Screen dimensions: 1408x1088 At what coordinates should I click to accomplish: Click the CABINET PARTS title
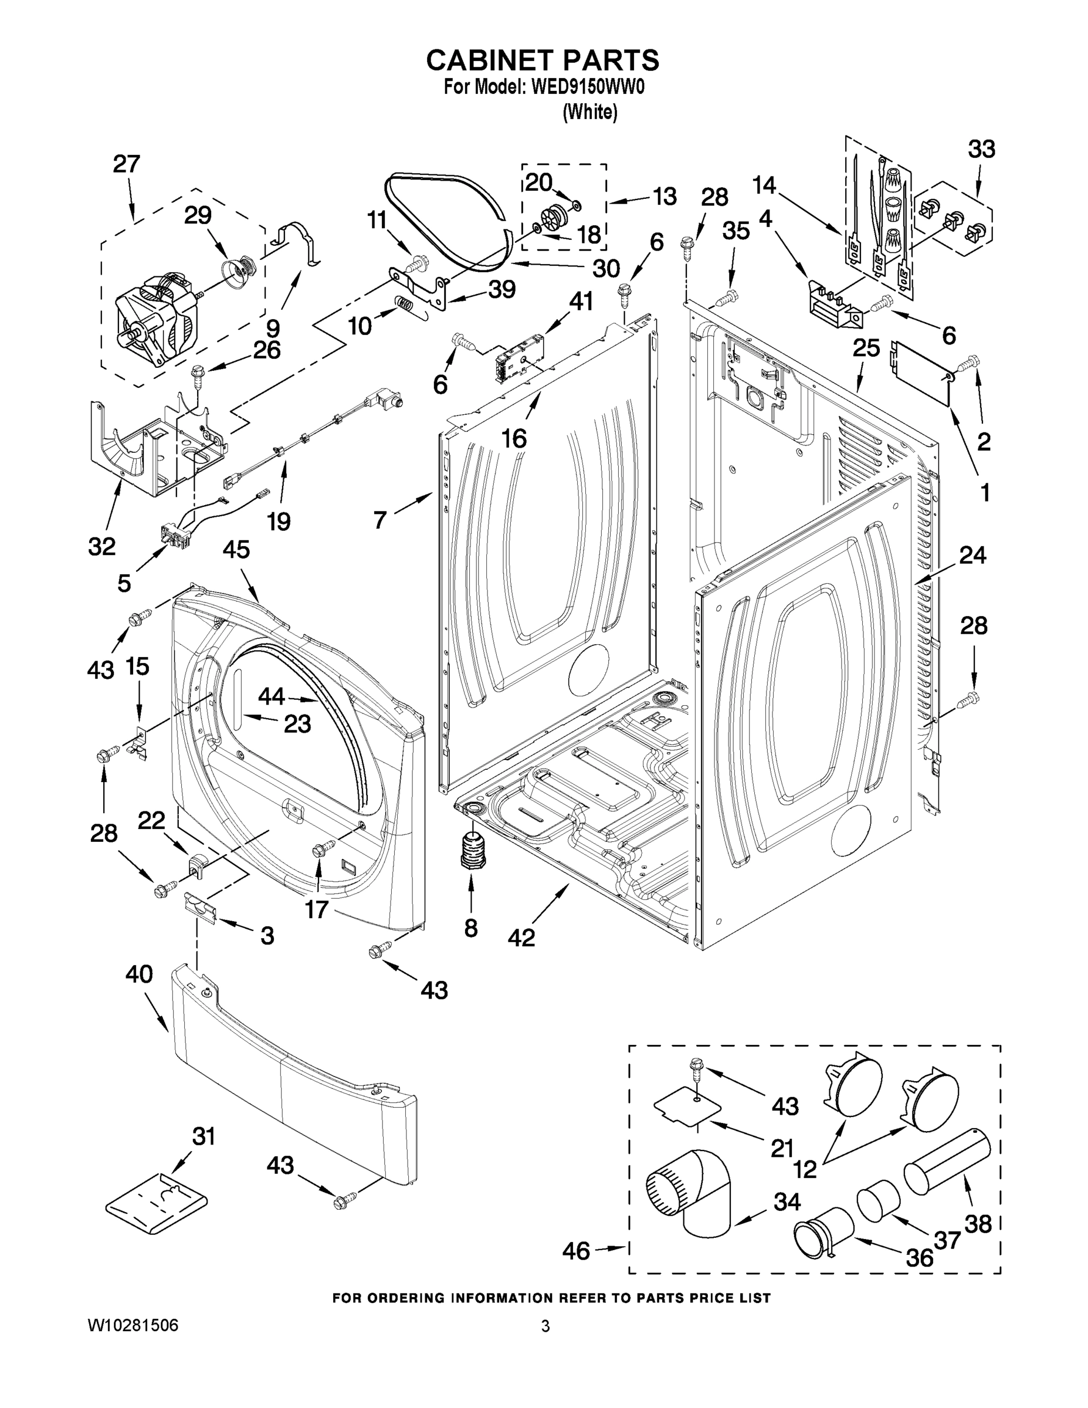(x=543, y=60)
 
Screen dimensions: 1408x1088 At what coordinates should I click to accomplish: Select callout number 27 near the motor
(x=126, y=164)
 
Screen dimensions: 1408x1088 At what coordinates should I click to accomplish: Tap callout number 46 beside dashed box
(x=575, y=1251)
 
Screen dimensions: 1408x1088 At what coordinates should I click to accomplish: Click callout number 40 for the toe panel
(x=138, y=973)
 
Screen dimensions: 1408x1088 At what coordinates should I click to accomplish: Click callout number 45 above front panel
(x=236, y=550)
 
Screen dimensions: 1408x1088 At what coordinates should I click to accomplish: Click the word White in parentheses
(x=590, y=112)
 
